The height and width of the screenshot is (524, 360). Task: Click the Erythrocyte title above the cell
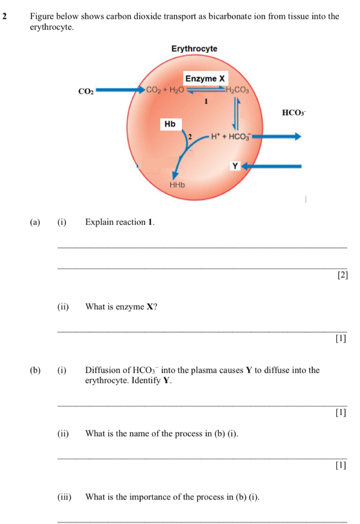[x=194, y=49]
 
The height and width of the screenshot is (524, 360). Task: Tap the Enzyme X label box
[x=205, y=78]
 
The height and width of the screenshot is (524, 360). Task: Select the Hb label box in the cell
[x=171, y=124]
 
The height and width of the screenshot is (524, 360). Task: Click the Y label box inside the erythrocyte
[x=235, y=166]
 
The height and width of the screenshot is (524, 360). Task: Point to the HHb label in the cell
[x=177, y=185]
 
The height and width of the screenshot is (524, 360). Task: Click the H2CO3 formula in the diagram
[x=237, y=90]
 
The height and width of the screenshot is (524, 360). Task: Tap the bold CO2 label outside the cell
[x=86, y=91]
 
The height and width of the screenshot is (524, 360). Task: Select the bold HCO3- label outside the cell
[x=294, y=113]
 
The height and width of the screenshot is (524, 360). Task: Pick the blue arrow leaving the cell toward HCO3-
[x=276, y=136]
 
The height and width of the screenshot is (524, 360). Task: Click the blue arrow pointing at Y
[x=271, y=166]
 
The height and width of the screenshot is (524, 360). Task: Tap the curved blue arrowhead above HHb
[x=175, y=176]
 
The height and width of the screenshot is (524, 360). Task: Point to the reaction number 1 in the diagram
[x=206, y=102]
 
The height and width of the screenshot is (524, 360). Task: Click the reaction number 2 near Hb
[x=190, y=136]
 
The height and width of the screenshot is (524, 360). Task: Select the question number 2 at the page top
[x=4, y=16]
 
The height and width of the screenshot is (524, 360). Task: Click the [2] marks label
[x=343, y=275]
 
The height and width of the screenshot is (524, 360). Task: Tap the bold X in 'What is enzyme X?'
[x=150, y=306]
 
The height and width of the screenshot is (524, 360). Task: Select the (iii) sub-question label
[x=64, y=497]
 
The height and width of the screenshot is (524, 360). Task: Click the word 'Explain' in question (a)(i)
[x=99, y=222]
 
